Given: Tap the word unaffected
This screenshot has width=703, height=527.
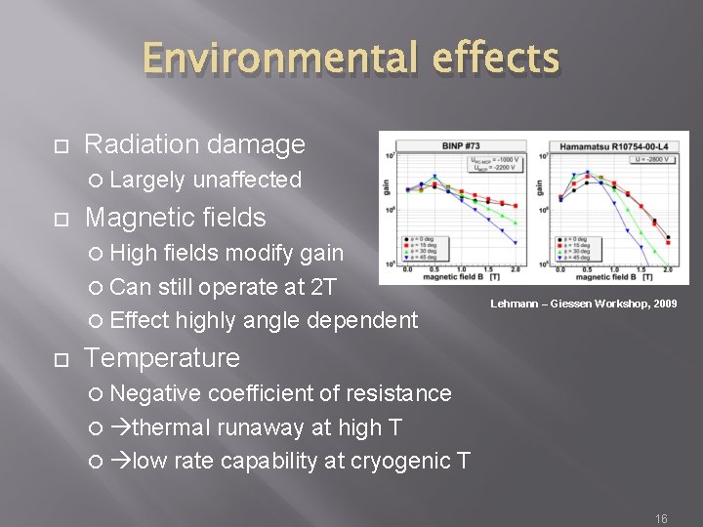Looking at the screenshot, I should pyautogui.click(x=247, y=180).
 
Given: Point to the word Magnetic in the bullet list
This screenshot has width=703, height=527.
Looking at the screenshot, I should pyautogui.click(x=132, y=217).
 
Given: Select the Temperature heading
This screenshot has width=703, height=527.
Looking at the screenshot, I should pyautogui.click(x=162, y=357).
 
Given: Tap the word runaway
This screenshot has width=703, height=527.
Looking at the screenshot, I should pyautogui.click(x=252, y=426).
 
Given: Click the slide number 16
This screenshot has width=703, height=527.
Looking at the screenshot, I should pyautogui.click(x=661, y=519).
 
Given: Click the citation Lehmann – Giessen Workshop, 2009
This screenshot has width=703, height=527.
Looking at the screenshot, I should pyautogui.click(x=584, y=304).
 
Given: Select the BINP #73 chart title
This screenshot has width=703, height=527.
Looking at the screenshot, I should pyautogui.click(x=461, y=145).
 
